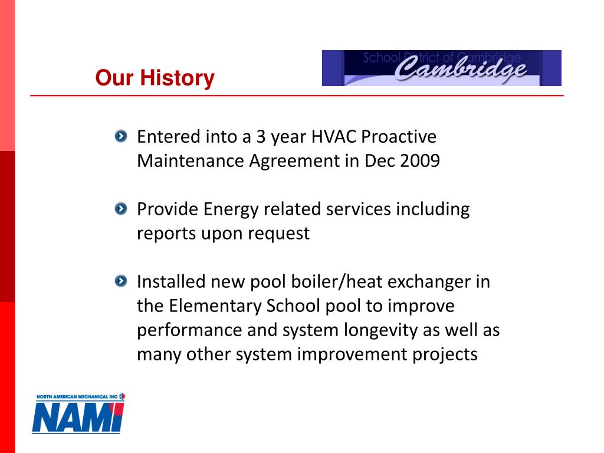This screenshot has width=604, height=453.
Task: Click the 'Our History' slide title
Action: [x=155, y=78]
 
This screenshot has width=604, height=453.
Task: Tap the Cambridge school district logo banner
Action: [x=441, y=68]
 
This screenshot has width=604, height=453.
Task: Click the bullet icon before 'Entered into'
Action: [x=121, y=136]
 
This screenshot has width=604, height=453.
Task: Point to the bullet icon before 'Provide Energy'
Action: [x=121, y=209]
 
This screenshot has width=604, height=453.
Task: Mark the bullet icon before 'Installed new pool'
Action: [x=121, y=281]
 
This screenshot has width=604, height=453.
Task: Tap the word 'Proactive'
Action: [x=399, y=137]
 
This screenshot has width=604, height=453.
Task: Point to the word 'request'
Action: [x=278, y=234]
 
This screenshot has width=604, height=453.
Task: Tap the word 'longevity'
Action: [x=381, y=330]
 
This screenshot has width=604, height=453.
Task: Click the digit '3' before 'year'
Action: [x=261, y=137]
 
